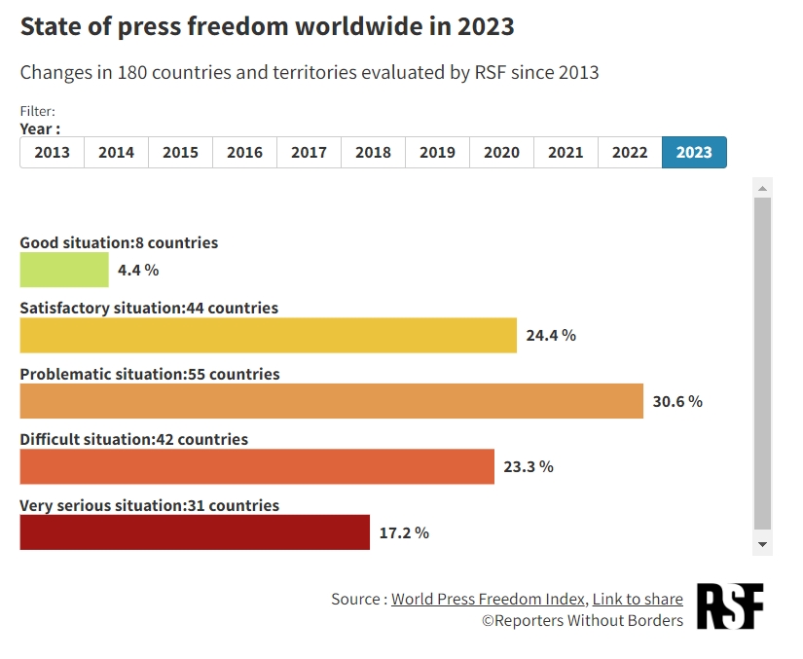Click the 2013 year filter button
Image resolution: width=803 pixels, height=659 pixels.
tap(53, 153)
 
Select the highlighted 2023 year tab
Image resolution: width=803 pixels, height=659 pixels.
tap(694, 153)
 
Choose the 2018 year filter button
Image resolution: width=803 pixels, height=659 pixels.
tap(373, 153)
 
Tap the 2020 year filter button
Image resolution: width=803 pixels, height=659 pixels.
tap(501, 153)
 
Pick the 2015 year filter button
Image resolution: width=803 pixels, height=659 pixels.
tap(180, 153)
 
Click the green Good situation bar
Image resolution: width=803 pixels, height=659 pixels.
tap(64, 270)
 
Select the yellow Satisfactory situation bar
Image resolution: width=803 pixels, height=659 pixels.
tap(268, 336)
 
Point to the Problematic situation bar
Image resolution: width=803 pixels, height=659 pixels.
tap(331, 401)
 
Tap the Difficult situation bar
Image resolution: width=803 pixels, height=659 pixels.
tap(257, 467)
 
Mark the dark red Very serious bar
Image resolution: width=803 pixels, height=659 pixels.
tap(195, 532)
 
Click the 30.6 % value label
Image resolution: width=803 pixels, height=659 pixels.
tap(677, 401)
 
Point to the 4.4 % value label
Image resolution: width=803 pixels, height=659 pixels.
tap(139, 270)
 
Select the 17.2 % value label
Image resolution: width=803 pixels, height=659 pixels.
tap(404, 532)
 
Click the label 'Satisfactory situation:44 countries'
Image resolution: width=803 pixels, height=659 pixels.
tap(149, 308)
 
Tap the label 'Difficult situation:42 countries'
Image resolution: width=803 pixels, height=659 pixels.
tap(134, 439)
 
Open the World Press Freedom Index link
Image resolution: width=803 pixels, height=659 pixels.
tap(489, 599)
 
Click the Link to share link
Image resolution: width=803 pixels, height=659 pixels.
tap(638, 599)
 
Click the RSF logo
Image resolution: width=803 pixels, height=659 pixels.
tap(730, 605)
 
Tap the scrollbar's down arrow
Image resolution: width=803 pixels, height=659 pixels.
tap(763, 545)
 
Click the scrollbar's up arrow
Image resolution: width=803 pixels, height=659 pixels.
tap(763, 188)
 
